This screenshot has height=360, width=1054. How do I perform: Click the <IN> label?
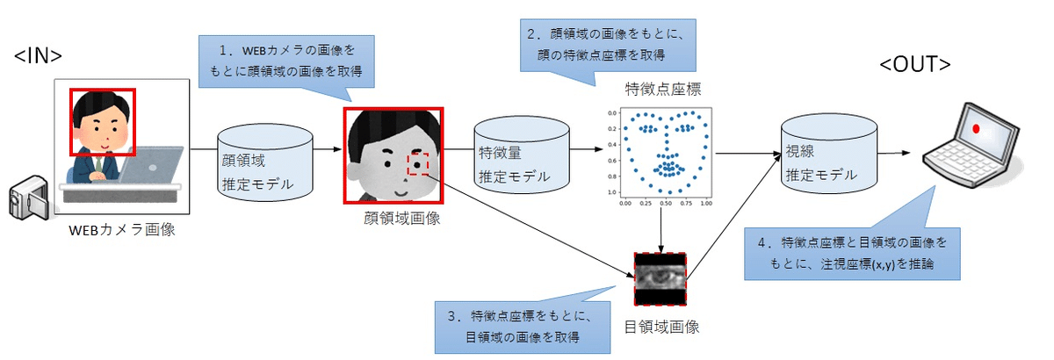click(x=38, y=56)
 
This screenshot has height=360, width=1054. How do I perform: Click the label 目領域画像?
click(x=661, y=328)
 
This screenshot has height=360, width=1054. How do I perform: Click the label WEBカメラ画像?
click(x=126, y=231)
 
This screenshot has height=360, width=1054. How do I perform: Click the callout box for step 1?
click(x=288, y=61)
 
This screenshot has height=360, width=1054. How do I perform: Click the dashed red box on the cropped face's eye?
click(x=418, y=164)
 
